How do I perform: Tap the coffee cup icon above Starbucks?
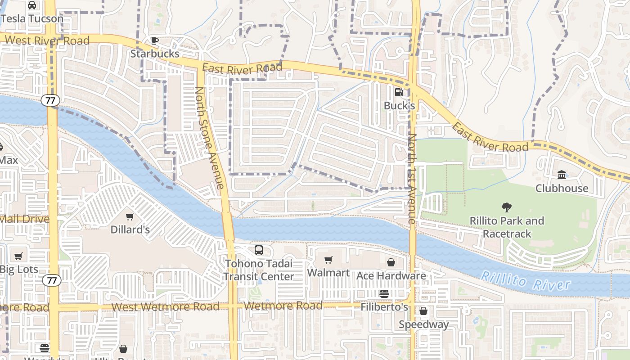155,40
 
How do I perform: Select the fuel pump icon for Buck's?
399,92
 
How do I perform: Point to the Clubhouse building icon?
562,175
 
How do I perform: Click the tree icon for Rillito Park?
507,207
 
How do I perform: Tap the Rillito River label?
525,281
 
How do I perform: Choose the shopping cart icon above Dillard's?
130,216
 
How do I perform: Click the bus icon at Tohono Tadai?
259,250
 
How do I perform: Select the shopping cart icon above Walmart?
328,260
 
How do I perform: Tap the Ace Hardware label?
391,275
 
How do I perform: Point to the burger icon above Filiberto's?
384,294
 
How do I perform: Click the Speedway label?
423,324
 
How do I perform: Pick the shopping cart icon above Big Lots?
18,256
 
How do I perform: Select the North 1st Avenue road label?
412,179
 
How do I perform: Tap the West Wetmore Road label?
165,307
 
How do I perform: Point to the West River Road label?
47,40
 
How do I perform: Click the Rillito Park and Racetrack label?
507,227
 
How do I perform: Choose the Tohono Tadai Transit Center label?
259,270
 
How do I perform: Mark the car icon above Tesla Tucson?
32,5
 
